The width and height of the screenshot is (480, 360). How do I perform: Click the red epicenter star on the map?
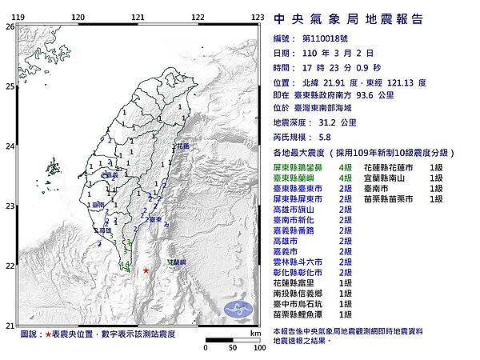(146, 270)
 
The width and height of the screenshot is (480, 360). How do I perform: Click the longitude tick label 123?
(258, 16)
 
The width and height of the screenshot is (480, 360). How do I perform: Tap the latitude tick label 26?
(10, 26)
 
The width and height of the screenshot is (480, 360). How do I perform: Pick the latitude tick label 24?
(10, 146)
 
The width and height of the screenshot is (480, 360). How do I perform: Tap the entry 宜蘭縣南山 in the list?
(386, 178)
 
